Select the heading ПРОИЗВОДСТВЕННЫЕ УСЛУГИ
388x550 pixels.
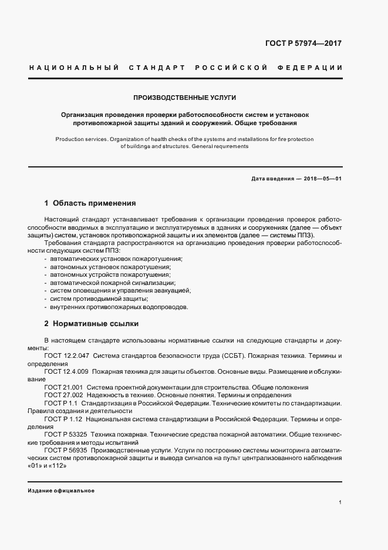click(x=185, y=98)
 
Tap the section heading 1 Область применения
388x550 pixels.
click(x=90, y=203)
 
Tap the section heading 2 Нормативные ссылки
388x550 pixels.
click(x=91, y=323)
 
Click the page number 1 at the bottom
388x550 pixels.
click(x=340, y=502)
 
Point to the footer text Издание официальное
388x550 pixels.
click(x=61, y=490)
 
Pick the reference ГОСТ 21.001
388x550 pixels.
click(x=63, y=387)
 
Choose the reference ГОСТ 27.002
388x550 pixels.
click(x=63, y=395)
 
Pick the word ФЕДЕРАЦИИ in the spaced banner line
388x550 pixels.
click(x=313, y=68)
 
